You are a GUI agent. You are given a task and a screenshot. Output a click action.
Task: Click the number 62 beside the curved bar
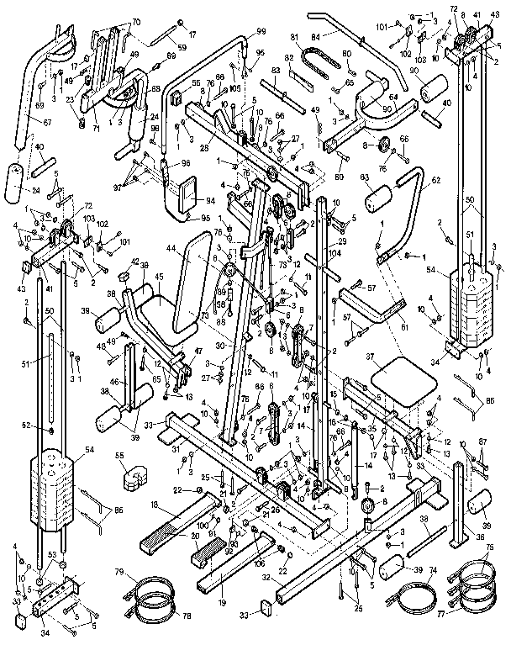click(435, 179)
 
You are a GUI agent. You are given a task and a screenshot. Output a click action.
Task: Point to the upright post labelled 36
click(458, 505)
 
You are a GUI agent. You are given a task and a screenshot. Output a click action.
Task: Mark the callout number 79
click(120, 574)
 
